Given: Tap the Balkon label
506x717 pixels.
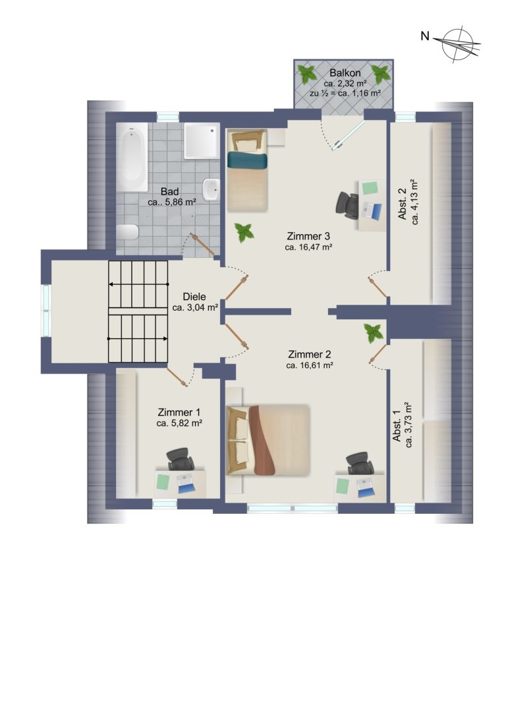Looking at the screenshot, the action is tap(345, 73).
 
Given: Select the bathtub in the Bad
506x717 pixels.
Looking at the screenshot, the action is tap(132, 156).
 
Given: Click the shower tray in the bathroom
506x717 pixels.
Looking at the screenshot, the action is tap(202, 141).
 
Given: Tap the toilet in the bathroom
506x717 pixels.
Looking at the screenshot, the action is tap(127, 232).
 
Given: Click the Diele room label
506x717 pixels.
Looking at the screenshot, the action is tap(194, 296).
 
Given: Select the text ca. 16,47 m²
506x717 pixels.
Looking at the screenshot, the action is tap(308, 247).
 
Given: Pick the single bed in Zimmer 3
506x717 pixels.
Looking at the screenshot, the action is tap(247, 171).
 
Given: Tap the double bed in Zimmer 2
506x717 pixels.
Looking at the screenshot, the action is tap(269, 440).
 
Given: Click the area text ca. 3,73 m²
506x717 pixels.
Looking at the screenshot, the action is tap(409, 425).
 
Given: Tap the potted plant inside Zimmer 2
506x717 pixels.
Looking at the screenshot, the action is tap(374, 333).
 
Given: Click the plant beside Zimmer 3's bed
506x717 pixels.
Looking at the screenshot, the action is tap(244, 233).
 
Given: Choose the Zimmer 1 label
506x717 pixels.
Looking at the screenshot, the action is tap(179, 412).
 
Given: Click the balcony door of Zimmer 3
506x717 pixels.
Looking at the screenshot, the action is tap(349, 135).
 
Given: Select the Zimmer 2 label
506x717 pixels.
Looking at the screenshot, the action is tap(310, 354).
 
